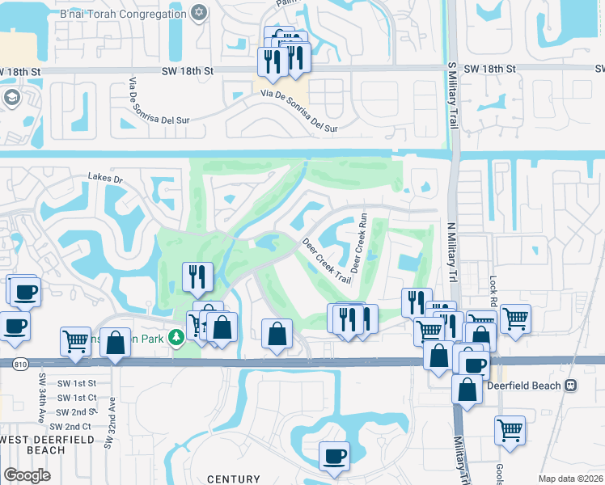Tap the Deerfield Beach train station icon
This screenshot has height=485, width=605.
pyautogui.click(x=572, y=386)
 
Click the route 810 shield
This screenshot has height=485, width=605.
pyautogui.click(x=19, y=365)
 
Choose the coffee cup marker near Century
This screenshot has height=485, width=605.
pyautogui.click(x=333, y=456)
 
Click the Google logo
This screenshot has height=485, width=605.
pyautogui.click(x=26, y=475)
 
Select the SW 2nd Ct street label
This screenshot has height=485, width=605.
pyautogui.click(x=70, y=426)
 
